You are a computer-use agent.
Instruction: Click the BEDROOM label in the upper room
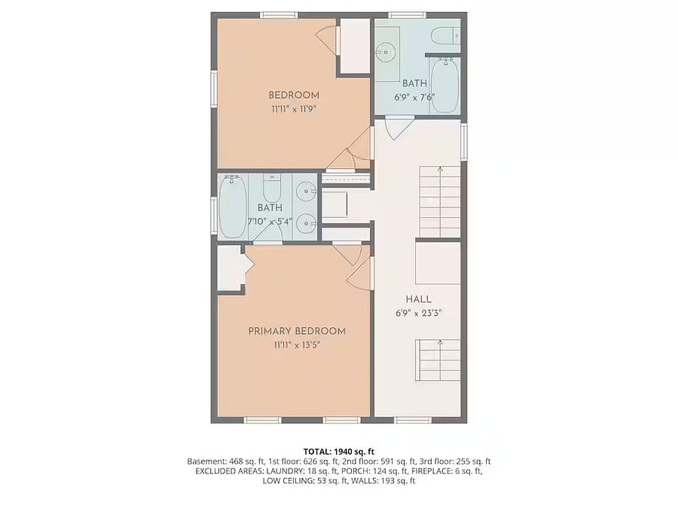click(x=294, y=95)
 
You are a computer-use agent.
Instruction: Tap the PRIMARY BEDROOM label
click(x=297, y=331)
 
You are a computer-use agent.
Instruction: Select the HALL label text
click(x=419, y=299)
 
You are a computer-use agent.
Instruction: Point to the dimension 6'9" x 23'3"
click(x=419, y=313)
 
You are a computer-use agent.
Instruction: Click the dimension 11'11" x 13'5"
click(x=297, y=345)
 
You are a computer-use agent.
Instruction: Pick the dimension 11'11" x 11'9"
click(x=294, y=109)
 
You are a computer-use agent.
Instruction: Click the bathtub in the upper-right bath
click(x=444, y=84)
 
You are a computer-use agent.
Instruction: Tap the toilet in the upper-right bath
click(x=445, y=35)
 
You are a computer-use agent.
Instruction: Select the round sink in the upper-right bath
click(x=385, y=52)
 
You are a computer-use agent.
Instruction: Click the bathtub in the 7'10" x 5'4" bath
click(x=233, y=206)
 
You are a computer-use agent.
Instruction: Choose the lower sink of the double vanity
click(x=306, y=223)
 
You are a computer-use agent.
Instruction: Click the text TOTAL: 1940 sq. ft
click(x=338, y=452)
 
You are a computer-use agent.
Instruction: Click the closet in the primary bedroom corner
click(x=229, y=268)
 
